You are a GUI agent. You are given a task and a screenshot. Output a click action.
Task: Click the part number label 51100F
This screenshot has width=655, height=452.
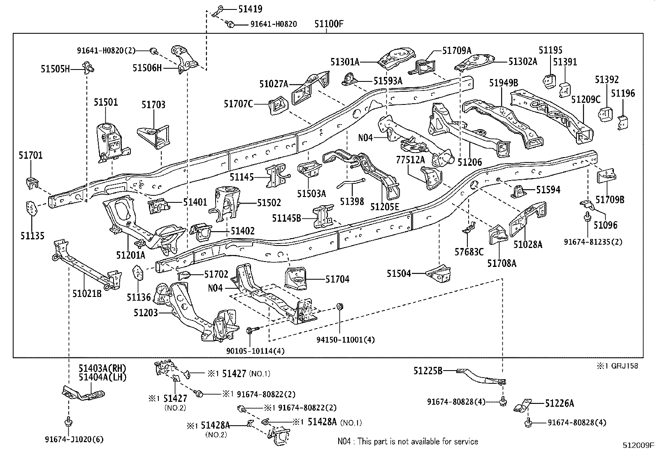(329, 24)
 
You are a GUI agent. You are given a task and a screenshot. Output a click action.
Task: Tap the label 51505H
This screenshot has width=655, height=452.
(55, 69)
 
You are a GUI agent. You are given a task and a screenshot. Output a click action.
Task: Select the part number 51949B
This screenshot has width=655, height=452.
(504, 83)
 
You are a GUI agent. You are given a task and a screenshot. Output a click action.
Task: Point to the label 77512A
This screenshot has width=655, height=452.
(411, 160)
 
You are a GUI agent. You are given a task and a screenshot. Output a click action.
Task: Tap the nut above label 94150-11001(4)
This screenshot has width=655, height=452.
(340, 307)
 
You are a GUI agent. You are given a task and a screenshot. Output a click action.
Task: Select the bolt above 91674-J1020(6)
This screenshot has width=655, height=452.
(68, 422)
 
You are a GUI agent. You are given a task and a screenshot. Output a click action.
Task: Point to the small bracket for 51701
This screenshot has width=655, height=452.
(32, 183)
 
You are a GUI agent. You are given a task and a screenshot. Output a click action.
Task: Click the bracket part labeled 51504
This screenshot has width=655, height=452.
(438, 274)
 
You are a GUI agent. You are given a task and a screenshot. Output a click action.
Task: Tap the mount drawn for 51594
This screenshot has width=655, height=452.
(518, 192)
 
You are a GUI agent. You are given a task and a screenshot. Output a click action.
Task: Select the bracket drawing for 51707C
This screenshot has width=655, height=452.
(278, 106)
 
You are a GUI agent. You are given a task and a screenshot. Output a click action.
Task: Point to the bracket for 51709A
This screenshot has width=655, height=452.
(422, 67)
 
